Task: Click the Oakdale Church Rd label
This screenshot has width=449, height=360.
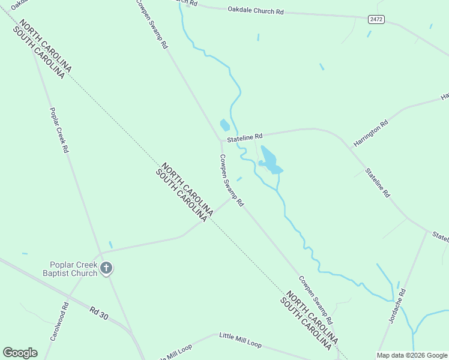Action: (255, 11)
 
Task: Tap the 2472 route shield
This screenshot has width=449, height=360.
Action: (376, 20)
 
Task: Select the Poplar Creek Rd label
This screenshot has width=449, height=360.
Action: (58, 130)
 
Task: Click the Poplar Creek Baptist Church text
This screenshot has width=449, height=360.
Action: (73, 269)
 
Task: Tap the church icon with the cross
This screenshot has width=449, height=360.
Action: (106, 268)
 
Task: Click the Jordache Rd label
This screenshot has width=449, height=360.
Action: (398, 306)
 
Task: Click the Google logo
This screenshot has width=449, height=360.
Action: (20, 353)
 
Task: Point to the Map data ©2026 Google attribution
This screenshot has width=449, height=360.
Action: (412, 355)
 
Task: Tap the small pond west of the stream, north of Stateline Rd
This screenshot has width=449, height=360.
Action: (225, 125)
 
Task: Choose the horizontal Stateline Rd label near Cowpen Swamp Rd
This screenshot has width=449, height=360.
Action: (244, 137)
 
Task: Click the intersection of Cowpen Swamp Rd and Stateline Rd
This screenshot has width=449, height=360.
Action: (220, 142)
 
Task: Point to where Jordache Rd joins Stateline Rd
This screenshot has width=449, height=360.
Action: (427, 231)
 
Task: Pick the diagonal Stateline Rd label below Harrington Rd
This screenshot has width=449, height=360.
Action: (378, 184)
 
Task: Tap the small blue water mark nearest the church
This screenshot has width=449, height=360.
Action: (110, 244)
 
